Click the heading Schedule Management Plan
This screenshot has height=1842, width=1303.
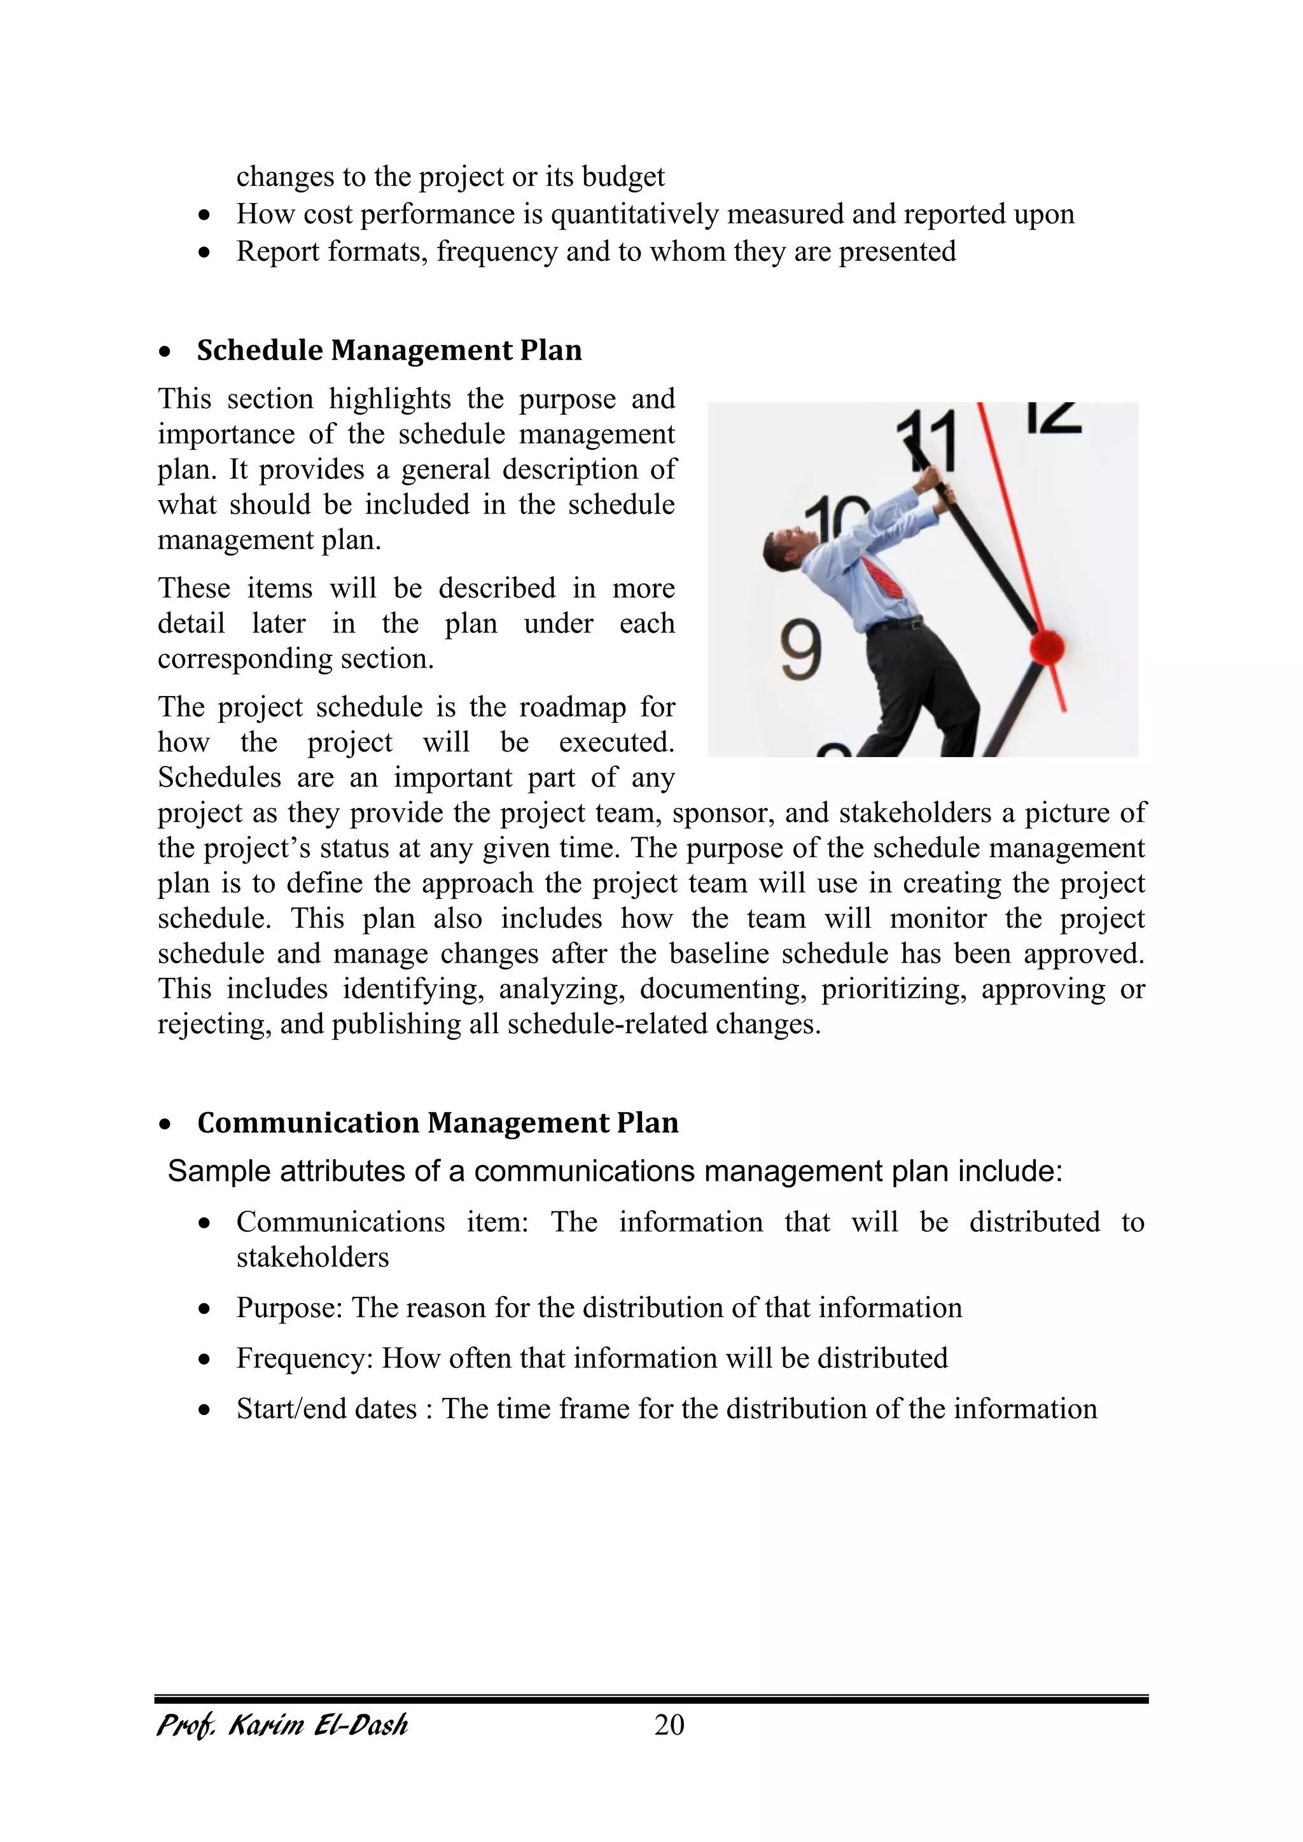tap(389, 351)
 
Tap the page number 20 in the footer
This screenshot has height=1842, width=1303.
tap(669, 1724)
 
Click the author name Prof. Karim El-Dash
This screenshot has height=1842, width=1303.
tap(282, 1725)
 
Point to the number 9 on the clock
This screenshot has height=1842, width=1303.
tap(801, 650)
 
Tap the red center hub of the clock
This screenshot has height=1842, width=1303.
tap(1047, 646)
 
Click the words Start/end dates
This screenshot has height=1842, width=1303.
tap(326, 1409)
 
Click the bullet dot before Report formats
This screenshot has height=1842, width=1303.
tap(206, 253)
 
